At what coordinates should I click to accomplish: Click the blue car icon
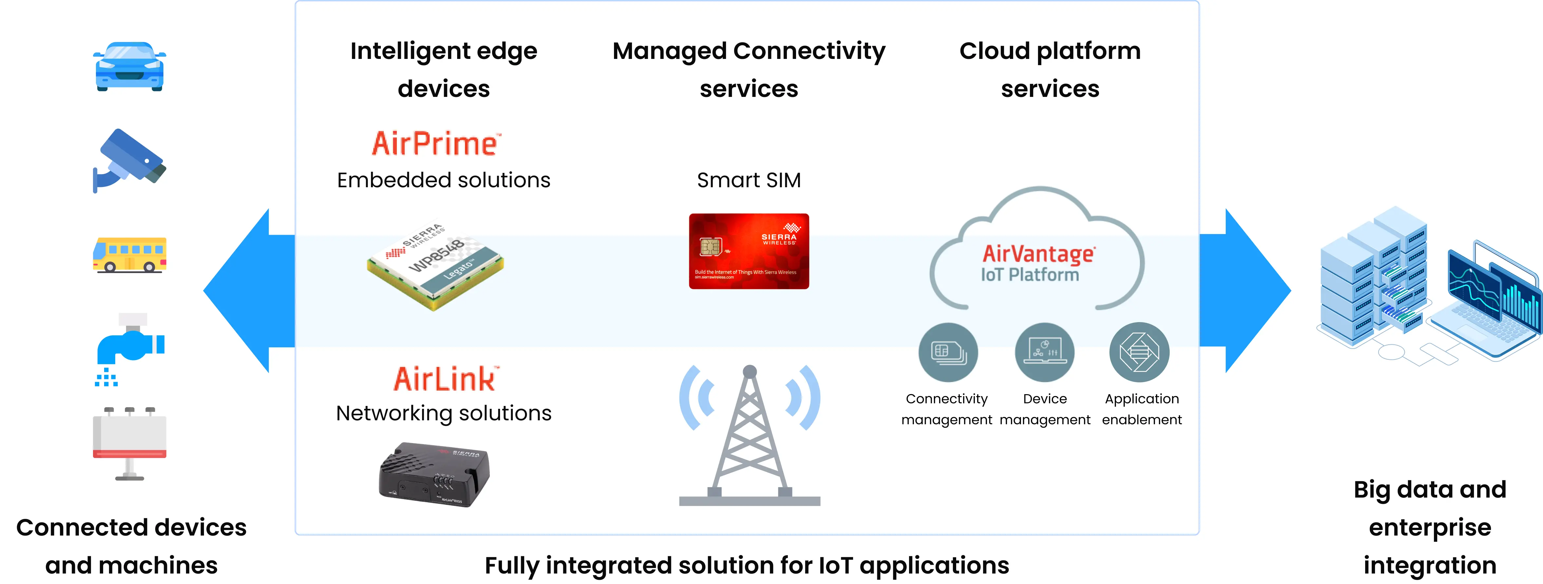pyautogui.click(x=129, y=66)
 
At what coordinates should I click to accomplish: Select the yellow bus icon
pyautogui.click(x=129, y=255)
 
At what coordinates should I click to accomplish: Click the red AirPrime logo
pyautogui.click(x=436, y=144)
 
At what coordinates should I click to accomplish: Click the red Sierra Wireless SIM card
pyautogui.click(x=749, y=251)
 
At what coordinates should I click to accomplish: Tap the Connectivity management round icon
pyautogui.click(x=948, y=352)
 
